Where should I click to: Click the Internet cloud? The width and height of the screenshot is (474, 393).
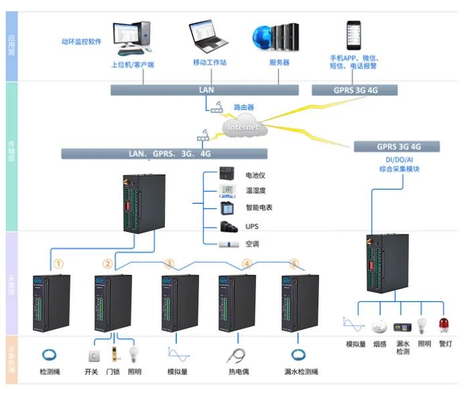tap(243, 126)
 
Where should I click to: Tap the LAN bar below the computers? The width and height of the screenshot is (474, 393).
tap(205, 89)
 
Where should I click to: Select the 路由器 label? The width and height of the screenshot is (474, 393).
tap(243, 107)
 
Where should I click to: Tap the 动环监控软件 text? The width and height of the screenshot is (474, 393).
tap(80, 42)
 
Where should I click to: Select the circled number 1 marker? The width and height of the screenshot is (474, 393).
tap(58, 264)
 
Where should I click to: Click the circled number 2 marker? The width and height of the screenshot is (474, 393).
tap(107, 264)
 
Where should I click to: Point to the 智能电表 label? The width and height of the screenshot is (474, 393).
tap(258, 209)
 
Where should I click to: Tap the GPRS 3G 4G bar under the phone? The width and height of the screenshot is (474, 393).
tap(355, 90)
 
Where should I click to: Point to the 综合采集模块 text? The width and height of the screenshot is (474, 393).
tap(399, 170)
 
